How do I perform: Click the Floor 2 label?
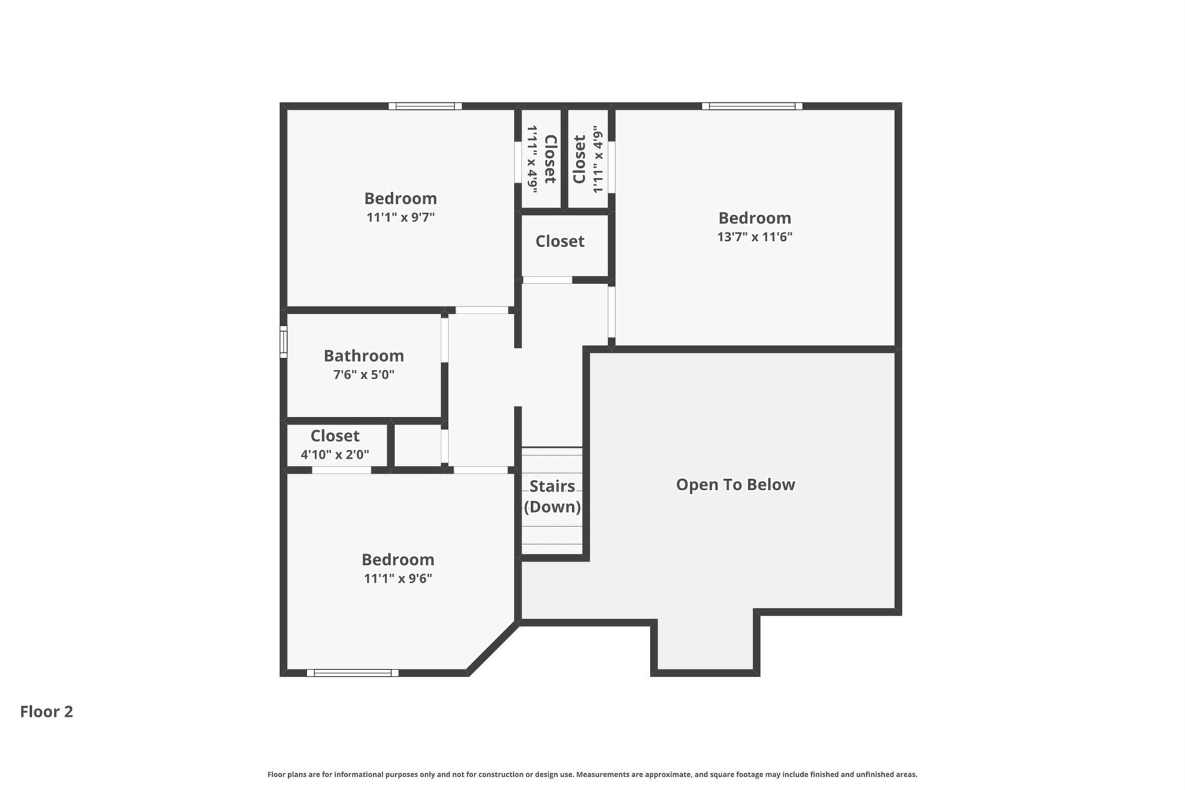(x=46, y=711)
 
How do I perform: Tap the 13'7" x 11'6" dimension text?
(x=755, y=237)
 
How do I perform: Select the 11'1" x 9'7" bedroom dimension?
(x=400, y=217)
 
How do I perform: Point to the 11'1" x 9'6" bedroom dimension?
(x=398, y=578)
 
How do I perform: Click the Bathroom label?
(x=363, y=355)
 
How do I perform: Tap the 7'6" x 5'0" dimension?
(x=363, y=374)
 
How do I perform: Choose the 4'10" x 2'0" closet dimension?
(x=334, y=454)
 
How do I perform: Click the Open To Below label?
(x=735, y=484)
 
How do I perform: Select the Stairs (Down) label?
(x=552, y=496)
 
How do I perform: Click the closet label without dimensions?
(x=560, y=241)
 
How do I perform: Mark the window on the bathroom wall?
(x=284, y=341)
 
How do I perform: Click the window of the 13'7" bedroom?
(x=752, y=106)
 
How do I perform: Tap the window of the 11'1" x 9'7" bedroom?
(x=425, y=106)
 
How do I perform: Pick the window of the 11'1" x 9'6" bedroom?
(x=352, y=673)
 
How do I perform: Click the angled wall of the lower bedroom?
(x=492, y=648)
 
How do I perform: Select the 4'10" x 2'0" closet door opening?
(x=341, y=470)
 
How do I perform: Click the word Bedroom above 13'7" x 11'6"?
(x=755, y=218)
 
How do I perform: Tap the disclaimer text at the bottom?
(x=592, y=774)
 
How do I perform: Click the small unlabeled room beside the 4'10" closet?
(x=418, y=446)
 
